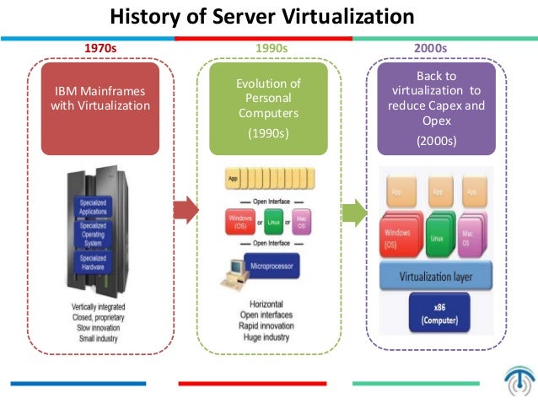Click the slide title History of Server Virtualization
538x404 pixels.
tap(262, 16)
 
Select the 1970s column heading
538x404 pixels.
tap(100, 49)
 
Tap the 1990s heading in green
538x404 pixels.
tap(271, 49)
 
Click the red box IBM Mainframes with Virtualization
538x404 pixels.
tap(100, 107)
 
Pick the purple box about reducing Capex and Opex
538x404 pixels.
tap(437, 107)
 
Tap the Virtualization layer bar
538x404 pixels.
tap(437, 275)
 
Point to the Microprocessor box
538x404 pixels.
tap(276, 267)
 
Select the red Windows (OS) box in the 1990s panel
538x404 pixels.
tap(241, 223)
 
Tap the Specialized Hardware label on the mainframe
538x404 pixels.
tap(93, 261)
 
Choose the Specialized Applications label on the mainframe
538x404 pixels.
tap(93, 207)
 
